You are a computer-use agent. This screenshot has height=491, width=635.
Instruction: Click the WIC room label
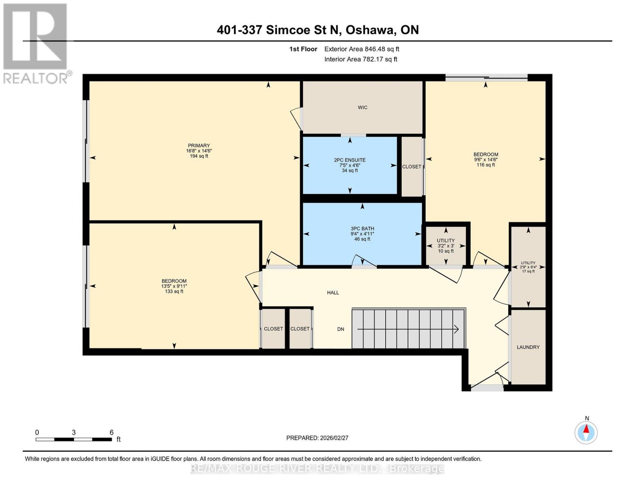362,108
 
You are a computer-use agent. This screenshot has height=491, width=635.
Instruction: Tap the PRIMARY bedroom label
199,145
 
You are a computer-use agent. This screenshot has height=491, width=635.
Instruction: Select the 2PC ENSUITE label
350,160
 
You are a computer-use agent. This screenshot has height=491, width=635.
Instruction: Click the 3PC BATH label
362,228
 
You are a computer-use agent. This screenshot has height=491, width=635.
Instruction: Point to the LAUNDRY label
528,347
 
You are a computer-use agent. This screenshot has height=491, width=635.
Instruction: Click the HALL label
333,293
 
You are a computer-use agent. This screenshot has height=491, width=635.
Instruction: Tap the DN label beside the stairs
341,329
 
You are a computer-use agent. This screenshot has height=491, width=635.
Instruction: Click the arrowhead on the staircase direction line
456,329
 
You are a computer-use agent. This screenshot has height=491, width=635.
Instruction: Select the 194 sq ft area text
199,156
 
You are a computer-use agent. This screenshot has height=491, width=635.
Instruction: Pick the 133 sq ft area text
174,291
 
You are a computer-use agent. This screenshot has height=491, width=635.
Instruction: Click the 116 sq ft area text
486,165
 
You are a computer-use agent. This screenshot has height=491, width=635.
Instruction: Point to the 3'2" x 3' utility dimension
446,246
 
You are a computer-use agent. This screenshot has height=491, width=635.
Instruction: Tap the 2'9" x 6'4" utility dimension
528,267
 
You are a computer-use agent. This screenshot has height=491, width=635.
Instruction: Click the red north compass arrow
586,429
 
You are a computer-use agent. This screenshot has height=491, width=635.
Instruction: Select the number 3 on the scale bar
74,432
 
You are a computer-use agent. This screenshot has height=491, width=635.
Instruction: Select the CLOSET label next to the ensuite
411,167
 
